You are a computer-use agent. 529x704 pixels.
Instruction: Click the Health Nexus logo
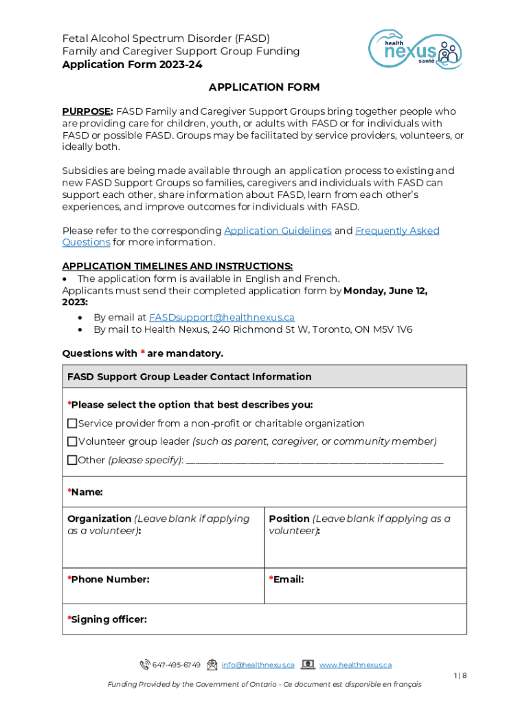point(416,49)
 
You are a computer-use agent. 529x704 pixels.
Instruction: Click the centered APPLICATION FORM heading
point(264,87)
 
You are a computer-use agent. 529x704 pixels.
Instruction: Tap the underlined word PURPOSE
point(87,111)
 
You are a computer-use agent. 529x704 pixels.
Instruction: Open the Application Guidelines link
point(278,231)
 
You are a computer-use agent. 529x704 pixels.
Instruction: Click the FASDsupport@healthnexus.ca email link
point(222,318)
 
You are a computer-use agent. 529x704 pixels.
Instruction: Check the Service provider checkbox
point(72,423)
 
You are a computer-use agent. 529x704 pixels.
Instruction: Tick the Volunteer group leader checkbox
point(72,441)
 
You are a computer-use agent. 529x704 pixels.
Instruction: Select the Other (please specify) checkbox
point(72,460)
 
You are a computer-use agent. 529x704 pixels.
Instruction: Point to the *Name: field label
point(85,492)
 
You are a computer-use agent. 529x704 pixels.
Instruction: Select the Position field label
point(289,519)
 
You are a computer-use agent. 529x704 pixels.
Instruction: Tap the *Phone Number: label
point(109,580)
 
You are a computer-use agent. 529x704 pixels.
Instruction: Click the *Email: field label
point(286,580)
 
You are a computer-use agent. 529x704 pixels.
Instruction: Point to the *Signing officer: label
point(107,619)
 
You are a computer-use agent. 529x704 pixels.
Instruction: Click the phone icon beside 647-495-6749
point(144,665)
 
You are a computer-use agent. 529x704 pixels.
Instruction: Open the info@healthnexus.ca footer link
point(258,665)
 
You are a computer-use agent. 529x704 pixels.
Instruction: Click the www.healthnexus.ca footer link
point(355,665)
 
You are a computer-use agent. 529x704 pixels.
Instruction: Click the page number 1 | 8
point(460,676)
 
